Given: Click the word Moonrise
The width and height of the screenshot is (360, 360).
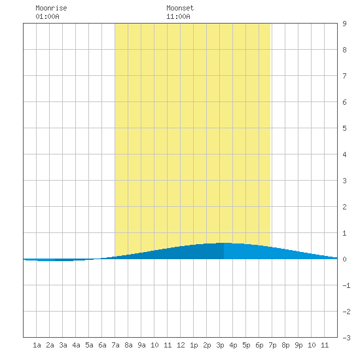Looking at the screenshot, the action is point(51,8).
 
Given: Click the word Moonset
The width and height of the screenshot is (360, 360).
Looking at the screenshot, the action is point(180,8).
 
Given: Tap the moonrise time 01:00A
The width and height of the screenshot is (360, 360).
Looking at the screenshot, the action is point(47,16).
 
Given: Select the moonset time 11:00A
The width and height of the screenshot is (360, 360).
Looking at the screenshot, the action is point(178,16).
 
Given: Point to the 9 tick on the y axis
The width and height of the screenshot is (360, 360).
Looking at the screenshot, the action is point(344,24).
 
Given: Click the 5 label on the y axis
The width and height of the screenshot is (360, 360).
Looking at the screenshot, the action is point(344,128).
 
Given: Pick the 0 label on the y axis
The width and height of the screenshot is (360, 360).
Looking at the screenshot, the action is point(344,259).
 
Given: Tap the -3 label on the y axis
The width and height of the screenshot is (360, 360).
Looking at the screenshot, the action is point(346,338).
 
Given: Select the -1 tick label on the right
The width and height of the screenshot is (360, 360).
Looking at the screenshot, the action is point(346,285).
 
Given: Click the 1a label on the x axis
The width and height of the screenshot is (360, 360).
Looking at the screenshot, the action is point(37,345).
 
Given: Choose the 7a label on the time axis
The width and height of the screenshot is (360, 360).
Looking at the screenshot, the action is point(115,345).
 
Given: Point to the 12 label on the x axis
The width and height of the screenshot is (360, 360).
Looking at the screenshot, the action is point(181,345).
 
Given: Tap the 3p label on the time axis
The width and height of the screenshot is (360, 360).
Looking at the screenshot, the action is point(220,345).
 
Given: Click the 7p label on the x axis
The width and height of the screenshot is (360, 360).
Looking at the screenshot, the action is point(272,345).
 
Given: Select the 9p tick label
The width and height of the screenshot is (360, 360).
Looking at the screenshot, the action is point(298,345).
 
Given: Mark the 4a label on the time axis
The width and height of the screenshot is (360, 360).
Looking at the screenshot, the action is point(76,345).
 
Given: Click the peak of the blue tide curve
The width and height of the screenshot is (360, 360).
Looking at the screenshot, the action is point(224,243).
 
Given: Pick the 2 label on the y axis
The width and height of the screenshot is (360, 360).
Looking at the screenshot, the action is point(344,207).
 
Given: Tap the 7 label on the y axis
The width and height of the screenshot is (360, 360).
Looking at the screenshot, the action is point(344,76).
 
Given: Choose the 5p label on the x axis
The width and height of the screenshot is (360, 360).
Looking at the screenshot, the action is point(246,345).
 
